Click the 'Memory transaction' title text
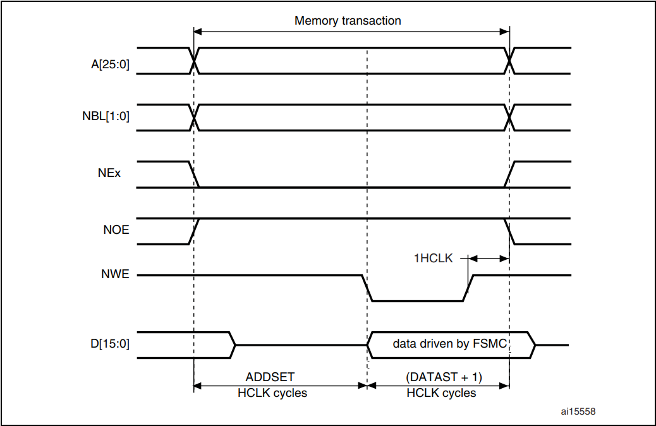click(348, 21)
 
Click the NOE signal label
click(116, 229)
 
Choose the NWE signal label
click(116, 276)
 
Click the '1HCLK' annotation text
click(434, 259)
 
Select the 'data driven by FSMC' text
click(450, 344)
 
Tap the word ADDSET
click(270, 377)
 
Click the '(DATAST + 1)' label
click(443, 377)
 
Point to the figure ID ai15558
click(578, 411)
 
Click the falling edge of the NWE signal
click(367, 288)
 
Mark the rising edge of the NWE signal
click(468, 288)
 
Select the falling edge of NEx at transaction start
click(194, 174)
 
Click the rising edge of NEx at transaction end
click(509, 174)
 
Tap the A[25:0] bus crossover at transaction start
click(194, 61)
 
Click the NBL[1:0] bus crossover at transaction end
click(509, 117)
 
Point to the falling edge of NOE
click(509, 231)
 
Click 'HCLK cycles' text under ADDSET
click(272, 393)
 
